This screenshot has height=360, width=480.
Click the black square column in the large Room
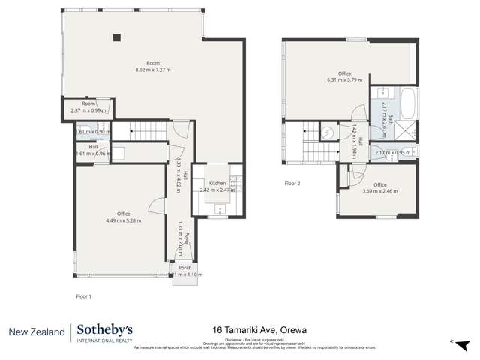click(116, 37)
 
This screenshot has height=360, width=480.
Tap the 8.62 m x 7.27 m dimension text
click(153, 70)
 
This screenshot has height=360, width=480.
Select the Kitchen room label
click(217, 184)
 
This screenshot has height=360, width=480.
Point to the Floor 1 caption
click(83, 296)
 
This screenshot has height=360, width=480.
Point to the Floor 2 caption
click(292, 183)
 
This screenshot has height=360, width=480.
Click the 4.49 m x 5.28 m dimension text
click(123, 220)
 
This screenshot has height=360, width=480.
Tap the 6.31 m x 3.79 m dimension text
click(344, 79)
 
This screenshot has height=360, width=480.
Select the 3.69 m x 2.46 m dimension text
click(380, 191)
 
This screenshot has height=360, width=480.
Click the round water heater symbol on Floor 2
click(328, 133)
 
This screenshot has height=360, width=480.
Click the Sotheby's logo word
click(106, 330)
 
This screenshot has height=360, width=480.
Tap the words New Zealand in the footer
click(36, 331)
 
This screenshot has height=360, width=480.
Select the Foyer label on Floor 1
click(187, 239)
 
